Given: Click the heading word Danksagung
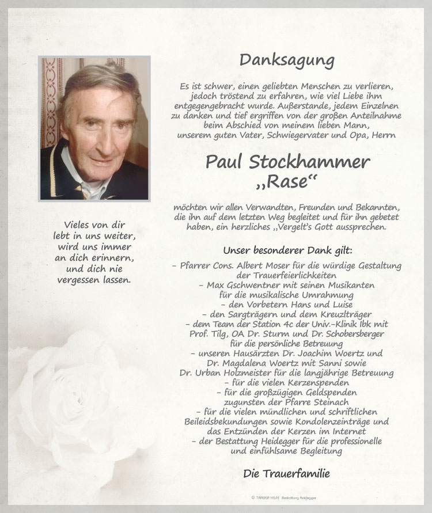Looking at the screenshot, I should pyautogui.click(x=287, y=60).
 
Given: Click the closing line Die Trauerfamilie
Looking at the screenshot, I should pyautogui.click(x=286, y=474).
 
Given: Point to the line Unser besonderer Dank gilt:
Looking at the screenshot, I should pyautogui.click(x=287, y=251).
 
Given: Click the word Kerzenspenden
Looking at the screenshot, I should pyautogui.click(x=321, y=382).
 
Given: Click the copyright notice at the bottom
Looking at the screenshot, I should pyautogui.click(x=287, y=497).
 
